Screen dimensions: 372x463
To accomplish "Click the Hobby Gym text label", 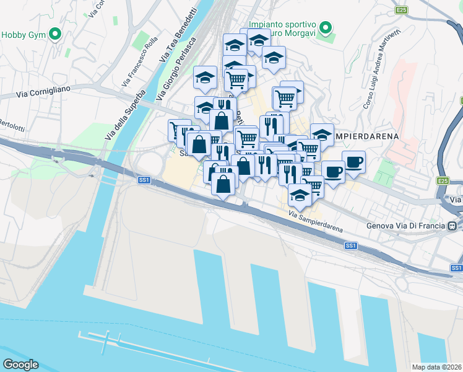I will coord(24,35).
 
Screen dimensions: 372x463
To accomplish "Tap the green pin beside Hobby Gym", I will coord(56,34).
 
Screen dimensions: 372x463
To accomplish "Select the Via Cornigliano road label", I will coord(44,91).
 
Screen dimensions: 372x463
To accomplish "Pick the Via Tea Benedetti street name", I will coord(171,37).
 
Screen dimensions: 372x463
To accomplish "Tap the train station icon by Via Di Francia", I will coord(453,226).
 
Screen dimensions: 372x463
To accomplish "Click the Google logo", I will coord(20,365).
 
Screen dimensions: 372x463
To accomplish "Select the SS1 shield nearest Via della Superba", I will coord(143,181).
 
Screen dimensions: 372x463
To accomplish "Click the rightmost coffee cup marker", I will coord(353,162).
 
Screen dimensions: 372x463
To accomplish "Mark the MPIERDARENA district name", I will coord(365,135).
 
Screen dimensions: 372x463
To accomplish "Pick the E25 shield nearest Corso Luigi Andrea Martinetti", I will coord(402,10).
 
